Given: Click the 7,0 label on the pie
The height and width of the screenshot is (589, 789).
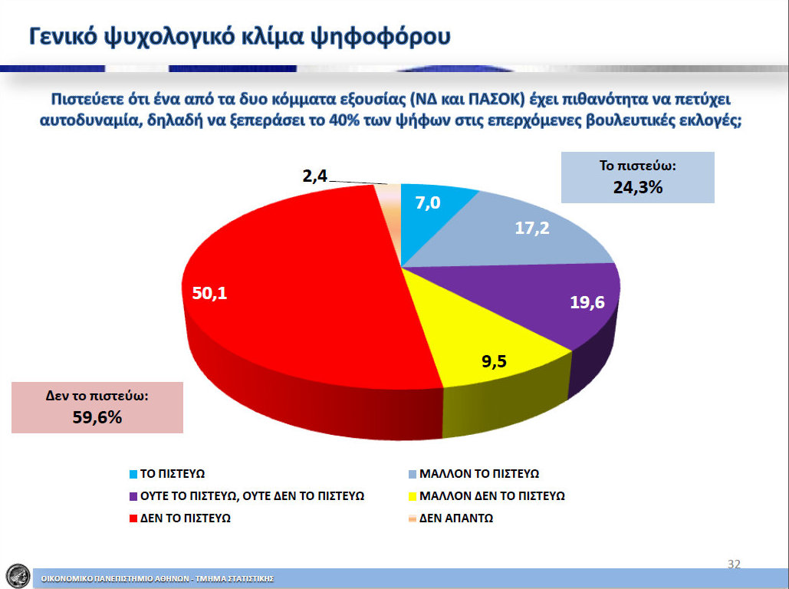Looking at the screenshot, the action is [x=428, y=203].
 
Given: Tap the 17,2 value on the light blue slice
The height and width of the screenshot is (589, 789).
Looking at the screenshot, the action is [x=532, y=228].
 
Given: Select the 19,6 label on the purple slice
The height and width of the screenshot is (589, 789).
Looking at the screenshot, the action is [x=587, y=302].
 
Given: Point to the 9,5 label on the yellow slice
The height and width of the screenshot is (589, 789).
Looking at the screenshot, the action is [x=494, y=361].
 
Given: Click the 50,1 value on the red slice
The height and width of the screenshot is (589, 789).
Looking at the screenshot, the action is [x=210, y=293].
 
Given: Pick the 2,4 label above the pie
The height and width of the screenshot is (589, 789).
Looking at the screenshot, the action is [x=315, y=176].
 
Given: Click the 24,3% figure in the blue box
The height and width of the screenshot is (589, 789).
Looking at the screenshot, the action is [x=637, y=187].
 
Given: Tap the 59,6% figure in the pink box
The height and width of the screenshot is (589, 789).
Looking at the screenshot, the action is [x=97, y=417].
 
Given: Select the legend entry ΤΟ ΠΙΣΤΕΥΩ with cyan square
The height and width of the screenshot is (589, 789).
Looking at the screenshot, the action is [x=167, y=474].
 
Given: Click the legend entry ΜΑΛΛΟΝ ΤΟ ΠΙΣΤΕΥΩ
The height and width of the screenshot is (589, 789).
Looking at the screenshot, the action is [x=474, y=474].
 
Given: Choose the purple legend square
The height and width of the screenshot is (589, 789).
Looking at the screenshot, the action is [x=133, y=496].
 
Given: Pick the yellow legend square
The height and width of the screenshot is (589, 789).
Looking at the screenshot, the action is [x=413, y=496].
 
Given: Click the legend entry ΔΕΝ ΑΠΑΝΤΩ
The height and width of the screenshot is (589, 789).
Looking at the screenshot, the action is [x=451, y=518].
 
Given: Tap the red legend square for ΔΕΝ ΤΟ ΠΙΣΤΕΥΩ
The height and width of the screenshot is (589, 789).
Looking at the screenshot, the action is [x=133, y=518].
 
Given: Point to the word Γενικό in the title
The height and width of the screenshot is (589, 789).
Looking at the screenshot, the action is [x=63, y=36].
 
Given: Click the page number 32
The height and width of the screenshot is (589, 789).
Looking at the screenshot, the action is [x=734, y=564].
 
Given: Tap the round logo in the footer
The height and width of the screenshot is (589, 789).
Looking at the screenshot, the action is [x=18, y=576].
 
